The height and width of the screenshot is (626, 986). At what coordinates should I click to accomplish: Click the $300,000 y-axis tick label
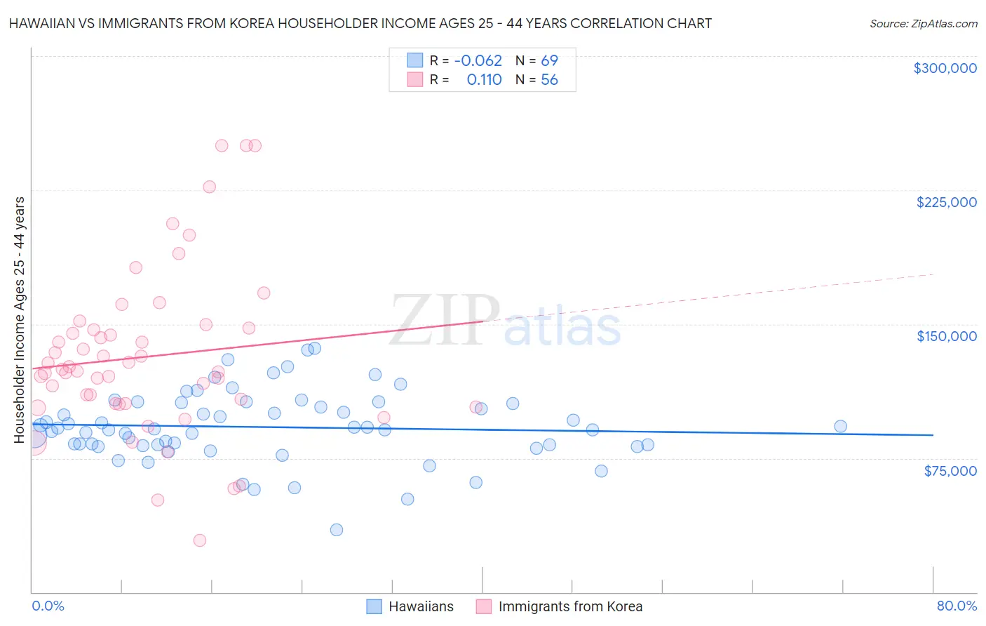(x=945, y=68)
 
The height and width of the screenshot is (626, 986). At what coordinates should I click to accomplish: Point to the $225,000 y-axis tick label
(x=946, y=202)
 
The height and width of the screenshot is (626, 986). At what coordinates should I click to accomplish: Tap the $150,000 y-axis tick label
(x=946, y=336)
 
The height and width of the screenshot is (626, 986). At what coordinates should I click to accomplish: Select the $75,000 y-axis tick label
(x=950, y=471)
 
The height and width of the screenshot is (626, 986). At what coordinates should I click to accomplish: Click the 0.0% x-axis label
(x=48, y=606)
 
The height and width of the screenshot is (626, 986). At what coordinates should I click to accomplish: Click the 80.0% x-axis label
(x=957, y=606)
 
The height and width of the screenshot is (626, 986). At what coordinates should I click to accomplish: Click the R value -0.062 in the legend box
(x=478, y=61)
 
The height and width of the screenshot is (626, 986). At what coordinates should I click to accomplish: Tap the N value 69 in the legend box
(x=549, y=61)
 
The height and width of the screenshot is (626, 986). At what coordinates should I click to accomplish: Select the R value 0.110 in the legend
(x=484, y=80)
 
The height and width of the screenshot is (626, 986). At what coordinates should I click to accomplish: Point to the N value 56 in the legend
(x=549, y=80)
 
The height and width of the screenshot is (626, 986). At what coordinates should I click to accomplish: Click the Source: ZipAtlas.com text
(x=923, y=24)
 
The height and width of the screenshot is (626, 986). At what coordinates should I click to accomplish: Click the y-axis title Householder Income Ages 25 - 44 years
(x=20, y=320)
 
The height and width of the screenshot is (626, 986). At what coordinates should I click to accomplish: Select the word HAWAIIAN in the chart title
(x=41, y=24)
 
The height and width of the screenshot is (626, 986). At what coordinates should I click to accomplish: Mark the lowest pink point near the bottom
(x=200, y=540)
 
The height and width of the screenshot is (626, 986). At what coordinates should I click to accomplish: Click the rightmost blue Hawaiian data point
(x=840, y=426)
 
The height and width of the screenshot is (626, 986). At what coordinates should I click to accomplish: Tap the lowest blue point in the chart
(x=337, y=530)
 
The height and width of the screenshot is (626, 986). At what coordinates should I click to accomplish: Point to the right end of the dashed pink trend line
(x=933, y=274)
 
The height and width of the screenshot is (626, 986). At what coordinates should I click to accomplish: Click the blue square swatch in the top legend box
(x=415, y=61)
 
